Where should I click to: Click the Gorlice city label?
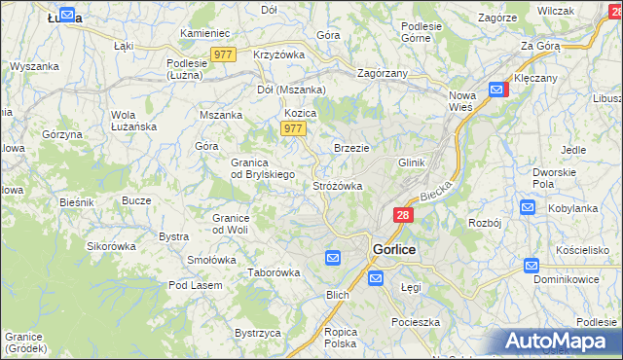click(394, 249)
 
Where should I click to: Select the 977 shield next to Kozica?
click(293, 128)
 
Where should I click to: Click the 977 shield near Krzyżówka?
click(222, 54)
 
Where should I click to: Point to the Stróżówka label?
click(338, 185)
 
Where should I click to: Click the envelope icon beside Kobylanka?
click(528, 207)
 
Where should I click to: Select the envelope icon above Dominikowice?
click(531, 265)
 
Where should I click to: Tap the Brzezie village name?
click(351, 148)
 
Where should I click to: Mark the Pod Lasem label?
click(195, 285)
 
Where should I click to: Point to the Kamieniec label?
click(203, 33)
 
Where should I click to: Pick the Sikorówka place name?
click(111, 246)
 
